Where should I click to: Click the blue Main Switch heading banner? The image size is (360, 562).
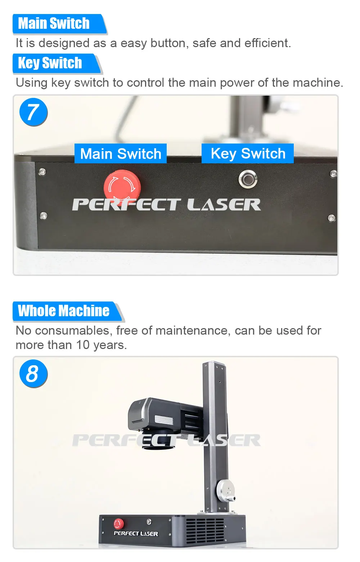click(54, 24)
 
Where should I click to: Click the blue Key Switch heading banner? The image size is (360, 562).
click(50, 63)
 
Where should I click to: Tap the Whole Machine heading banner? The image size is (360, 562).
click(64, 311)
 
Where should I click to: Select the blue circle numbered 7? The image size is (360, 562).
click(33, 112)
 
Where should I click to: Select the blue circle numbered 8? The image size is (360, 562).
click(33, 374)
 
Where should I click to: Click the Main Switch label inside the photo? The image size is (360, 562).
click(121, 154)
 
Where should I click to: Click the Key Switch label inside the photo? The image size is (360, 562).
click(248, 154)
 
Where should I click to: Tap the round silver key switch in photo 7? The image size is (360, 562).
click(248, 179)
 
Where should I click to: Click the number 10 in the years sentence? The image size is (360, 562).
click(82, 345)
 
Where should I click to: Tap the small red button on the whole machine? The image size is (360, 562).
click(118, 524)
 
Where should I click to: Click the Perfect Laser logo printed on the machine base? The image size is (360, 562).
click(136, 534)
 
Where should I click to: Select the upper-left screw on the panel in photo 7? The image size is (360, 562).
click(42, 172)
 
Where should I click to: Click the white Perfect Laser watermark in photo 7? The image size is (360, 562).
click(166, 205)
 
